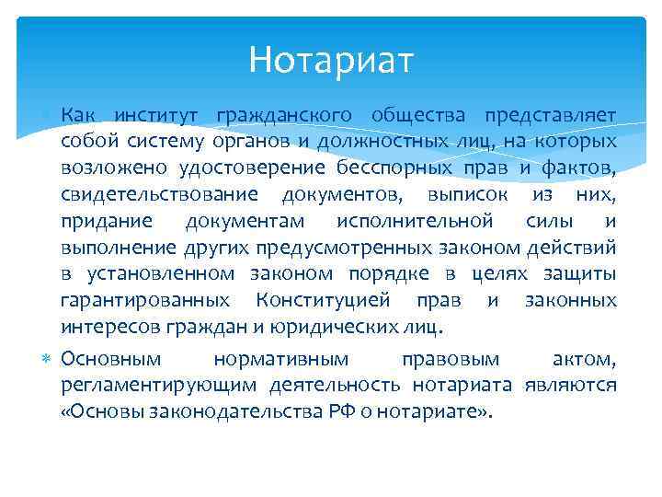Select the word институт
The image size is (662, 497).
click(153, 114)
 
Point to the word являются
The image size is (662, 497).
click(570, 384)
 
